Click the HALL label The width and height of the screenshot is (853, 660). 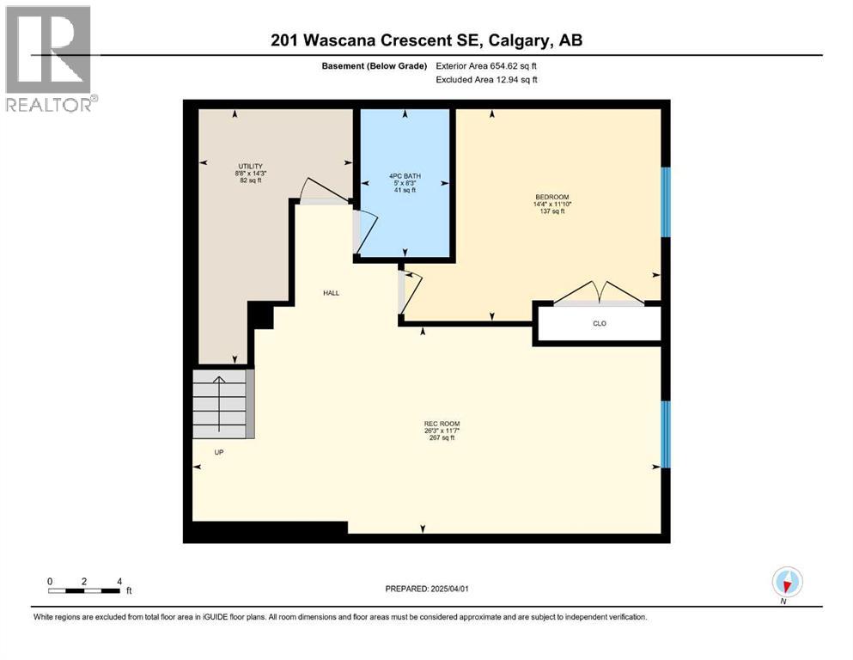point(331,293)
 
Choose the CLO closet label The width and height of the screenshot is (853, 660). point(600,325)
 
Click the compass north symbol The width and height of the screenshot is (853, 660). point(787,583)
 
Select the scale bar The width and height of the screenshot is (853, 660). point(84,590)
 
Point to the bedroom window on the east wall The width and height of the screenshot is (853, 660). point(665,201)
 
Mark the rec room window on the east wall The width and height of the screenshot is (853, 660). point(665,434)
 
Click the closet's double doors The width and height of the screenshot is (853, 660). point(600,294)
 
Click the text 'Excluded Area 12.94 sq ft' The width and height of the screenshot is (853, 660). point(490,80)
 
